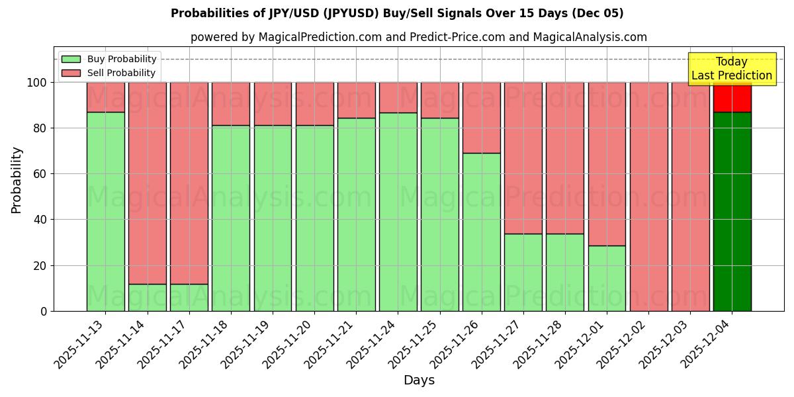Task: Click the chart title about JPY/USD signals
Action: [397, 13]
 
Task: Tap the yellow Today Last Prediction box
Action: [731, 69]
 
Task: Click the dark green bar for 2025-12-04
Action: [732, 212]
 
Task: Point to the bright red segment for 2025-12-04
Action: [732, 97]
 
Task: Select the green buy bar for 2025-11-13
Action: [105, 212]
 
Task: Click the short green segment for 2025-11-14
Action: [147, 298]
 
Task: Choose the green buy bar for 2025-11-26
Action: [481, 232]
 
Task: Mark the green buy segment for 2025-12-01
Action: [607, 278]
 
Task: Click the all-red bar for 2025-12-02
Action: [648, 197]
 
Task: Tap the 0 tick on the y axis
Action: [44, 311]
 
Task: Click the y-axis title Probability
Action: [17, 180]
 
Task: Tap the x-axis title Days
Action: [419, 380]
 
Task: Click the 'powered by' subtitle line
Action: [419, 37]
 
